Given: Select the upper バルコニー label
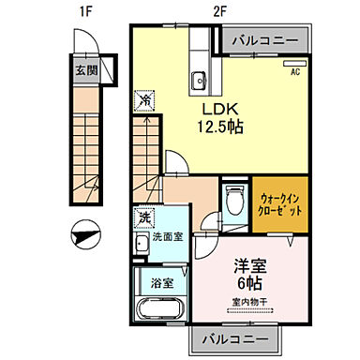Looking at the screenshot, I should pos(264,41).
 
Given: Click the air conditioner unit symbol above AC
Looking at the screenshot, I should pos(293,61).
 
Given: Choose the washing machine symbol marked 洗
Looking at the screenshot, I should pos(144,217).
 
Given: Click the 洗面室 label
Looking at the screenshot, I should pos(169,236).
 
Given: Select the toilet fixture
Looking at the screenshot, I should pos(234,202).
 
